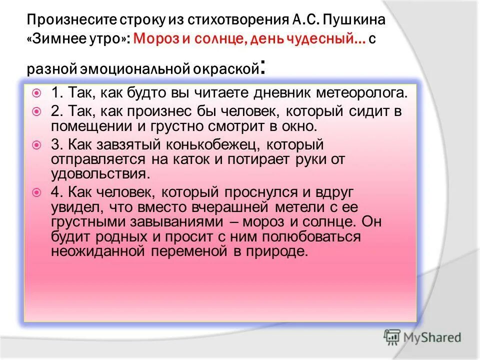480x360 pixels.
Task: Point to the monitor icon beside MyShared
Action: tap(393, 337)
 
